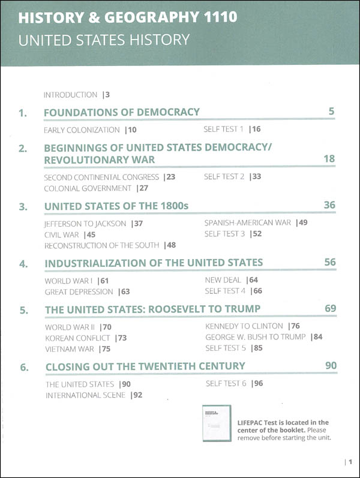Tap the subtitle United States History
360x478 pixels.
click(104, 41)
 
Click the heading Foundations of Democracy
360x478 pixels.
click(122, 112)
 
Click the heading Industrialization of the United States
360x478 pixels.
click(154, 263)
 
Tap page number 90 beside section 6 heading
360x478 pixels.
click(330, 366)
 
